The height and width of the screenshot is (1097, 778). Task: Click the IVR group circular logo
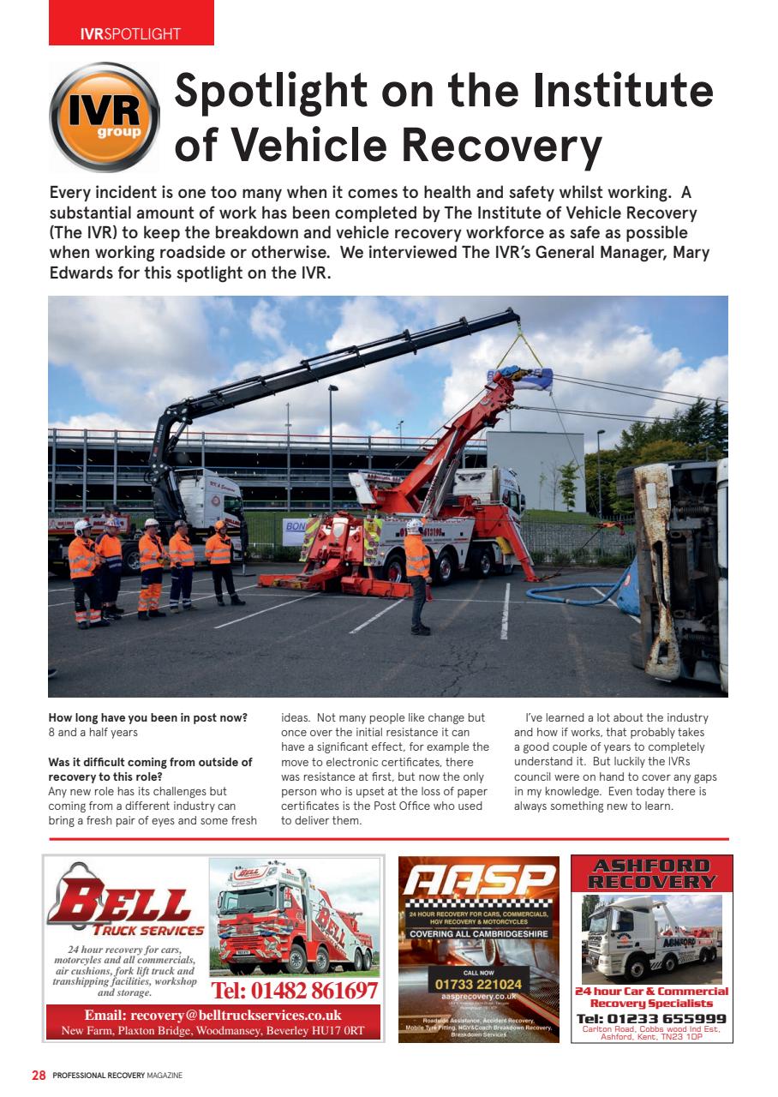pyautogui.click(x=105, y=117)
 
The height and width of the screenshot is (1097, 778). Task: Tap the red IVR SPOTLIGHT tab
pyautogui.click(x=130, y=34)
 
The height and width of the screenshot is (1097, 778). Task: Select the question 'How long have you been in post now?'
pyautogui.click(x=148, y=717)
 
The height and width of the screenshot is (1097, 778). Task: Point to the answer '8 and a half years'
pyautogui.click(x=93, y=733)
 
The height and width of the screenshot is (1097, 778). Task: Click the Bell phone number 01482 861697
pyautogui.click(x=294, y=991)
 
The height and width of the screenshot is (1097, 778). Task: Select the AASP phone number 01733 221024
pyautogui.click(x=479, y=985)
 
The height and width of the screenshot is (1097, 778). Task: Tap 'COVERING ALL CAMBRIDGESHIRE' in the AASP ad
pyautogui.click(x=479, y=933)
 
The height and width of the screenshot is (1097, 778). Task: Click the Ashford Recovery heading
pyautogui.click(x=652, y=873)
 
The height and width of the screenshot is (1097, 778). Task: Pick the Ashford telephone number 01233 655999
pyautogui.click(x=652, y=1018)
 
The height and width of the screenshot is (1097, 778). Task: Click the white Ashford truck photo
pyautogui.click(x=652, y=940)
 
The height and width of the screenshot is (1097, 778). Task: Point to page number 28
pyautogui.click(x=39, y=1075)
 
